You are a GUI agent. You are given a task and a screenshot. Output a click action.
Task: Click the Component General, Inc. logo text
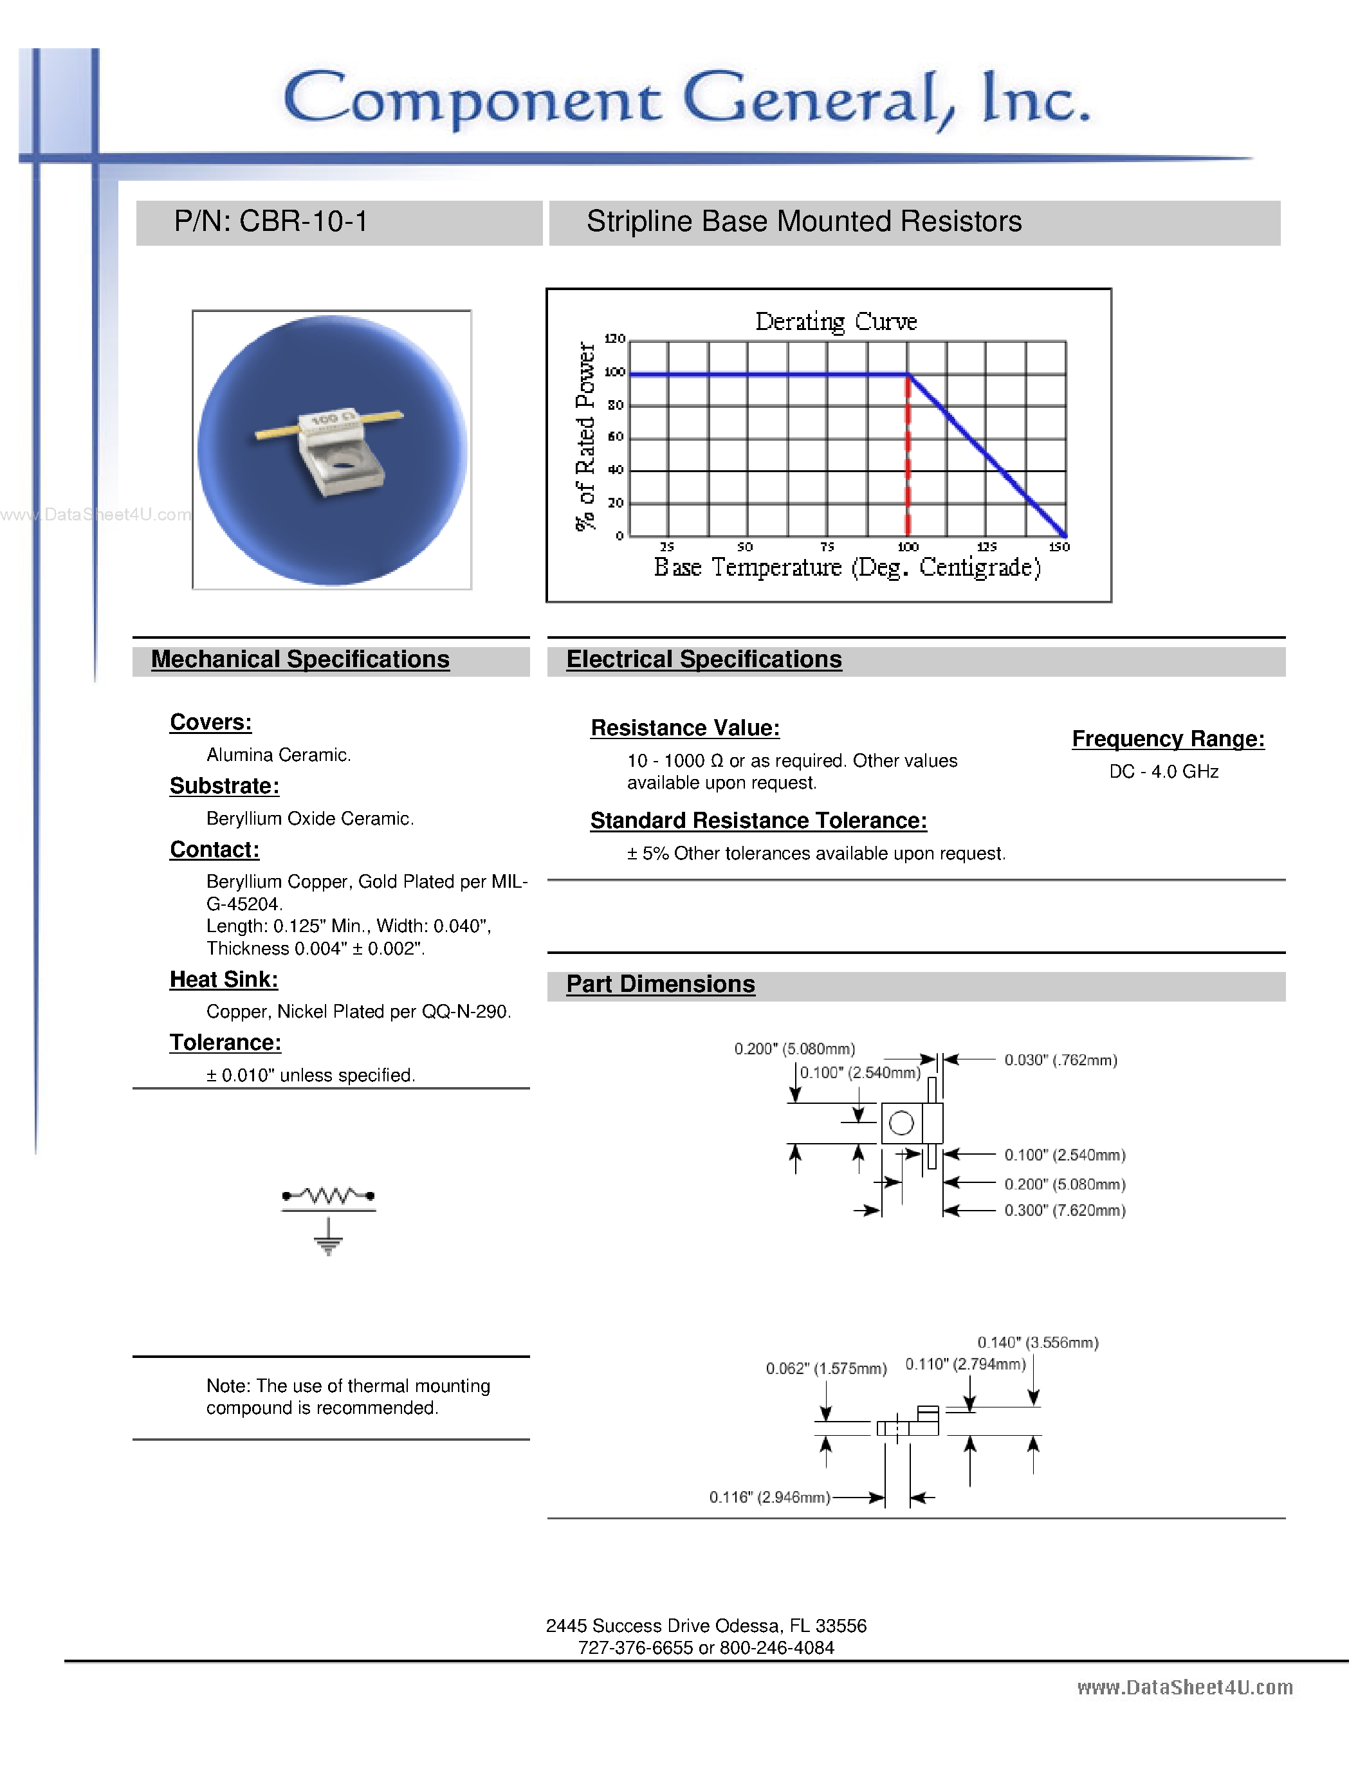(687, 99)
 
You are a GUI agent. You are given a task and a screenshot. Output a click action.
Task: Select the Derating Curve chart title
(836, 322)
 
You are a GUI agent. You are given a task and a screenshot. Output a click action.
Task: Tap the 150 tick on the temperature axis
(1060, 547)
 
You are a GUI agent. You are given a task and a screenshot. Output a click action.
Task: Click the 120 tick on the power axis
(614, 338)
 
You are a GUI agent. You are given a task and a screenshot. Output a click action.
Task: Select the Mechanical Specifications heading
(300, 659)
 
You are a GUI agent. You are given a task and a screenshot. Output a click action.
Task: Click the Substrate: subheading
(225, 785)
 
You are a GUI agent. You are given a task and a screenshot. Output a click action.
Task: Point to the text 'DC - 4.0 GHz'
(1163, 772)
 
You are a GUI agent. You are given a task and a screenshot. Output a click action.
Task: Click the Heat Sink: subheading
(223, 979)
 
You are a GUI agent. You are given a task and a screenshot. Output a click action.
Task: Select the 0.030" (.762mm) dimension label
(1060, 1060)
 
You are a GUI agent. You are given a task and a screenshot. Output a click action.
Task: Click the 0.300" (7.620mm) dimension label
(1064, 1210)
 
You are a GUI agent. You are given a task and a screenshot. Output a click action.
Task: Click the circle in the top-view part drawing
(901, 1123)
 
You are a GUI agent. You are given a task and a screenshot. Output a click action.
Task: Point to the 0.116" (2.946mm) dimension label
(769, 1498)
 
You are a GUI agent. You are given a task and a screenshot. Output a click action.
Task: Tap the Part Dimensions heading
(660, 984)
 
